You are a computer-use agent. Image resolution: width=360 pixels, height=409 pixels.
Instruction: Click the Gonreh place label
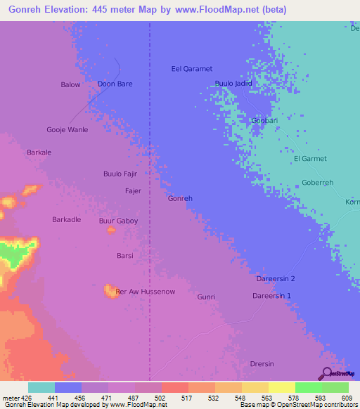click(x=180, y=198)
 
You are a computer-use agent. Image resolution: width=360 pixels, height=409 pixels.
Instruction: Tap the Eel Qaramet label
click(x=192, y=69)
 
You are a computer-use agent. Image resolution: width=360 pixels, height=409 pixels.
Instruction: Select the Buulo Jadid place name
click(x=233, y=84)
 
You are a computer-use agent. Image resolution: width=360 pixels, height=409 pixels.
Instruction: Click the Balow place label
click(x=70, y=85)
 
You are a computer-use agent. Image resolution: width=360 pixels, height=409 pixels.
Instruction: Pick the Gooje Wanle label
click(x=67, y=130)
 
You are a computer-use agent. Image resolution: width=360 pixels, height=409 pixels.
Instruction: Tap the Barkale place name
click(x=39, y=152)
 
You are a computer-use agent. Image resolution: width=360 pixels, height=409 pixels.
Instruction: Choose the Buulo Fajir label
click(x=120, y=174)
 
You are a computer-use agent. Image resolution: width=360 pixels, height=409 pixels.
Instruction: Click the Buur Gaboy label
click(x=118, y=221)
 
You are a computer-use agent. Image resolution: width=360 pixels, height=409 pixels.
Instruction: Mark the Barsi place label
click(x=124, y=256)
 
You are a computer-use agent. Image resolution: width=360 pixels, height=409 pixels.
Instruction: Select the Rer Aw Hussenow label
click(x=145, y=291)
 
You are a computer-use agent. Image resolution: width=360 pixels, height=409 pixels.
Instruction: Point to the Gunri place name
click(x=206, y=297)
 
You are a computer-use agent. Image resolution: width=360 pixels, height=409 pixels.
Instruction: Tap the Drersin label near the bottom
click(x=264, y=363)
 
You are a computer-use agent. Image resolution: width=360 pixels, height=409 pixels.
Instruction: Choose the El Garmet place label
click(x=307, y=158)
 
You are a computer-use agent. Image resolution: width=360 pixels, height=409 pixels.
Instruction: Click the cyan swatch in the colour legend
click(x=41, y=387)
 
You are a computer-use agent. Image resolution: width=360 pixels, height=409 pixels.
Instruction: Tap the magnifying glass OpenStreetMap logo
click(x=326, y=374)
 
